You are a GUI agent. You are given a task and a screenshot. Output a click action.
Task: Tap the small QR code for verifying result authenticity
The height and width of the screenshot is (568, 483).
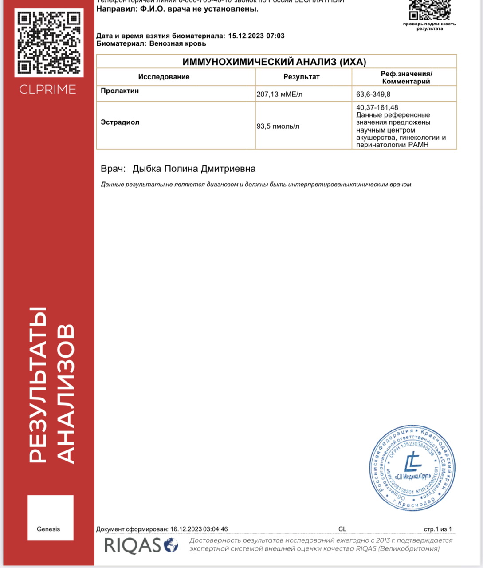pos(429,10)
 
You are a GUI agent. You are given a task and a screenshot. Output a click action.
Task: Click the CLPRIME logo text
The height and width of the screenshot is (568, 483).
pos(48,89)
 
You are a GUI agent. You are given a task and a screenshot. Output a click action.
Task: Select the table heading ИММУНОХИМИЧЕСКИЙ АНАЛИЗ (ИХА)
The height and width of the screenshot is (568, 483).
pos(274,62)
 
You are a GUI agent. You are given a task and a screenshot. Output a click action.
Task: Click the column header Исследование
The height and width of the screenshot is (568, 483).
pos(164,77)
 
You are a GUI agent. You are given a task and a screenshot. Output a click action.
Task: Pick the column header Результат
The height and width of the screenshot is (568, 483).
pos(301,77)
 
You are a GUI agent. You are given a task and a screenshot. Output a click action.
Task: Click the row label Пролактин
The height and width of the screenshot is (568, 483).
pos(120,91)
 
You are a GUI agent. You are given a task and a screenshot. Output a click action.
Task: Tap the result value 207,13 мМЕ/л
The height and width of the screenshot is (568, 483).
pos(279,94)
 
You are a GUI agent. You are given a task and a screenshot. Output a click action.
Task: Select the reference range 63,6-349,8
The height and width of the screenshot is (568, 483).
pos(373,94)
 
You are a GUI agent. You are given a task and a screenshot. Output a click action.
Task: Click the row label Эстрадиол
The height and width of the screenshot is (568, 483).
pos(120,122)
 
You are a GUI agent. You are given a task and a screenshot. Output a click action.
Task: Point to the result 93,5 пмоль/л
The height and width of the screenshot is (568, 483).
pos(278,126)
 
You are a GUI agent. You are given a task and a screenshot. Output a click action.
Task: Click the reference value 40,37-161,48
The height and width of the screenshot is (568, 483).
pos(377,107)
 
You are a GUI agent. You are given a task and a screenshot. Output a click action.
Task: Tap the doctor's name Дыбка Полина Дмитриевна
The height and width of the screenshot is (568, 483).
pos(194,169)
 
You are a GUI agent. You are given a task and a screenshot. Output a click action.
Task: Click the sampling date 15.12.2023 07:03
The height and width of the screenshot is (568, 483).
pos(256,35)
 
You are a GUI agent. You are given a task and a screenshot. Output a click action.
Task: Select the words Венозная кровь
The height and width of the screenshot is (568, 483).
pos(177,43)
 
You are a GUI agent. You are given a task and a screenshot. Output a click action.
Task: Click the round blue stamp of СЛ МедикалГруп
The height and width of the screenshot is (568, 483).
pos(412,468)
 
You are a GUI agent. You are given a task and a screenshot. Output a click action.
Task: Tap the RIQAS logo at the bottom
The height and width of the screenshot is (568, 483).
pos(141,545)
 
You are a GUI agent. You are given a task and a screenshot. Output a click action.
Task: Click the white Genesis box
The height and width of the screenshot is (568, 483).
pos(50,517)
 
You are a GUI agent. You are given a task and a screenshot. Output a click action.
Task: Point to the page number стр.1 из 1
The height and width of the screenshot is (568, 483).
pos(437,529)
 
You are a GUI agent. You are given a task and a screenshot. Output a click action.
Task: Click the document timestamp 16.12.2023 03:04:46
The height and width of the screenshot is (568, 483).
pos(199,529)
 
